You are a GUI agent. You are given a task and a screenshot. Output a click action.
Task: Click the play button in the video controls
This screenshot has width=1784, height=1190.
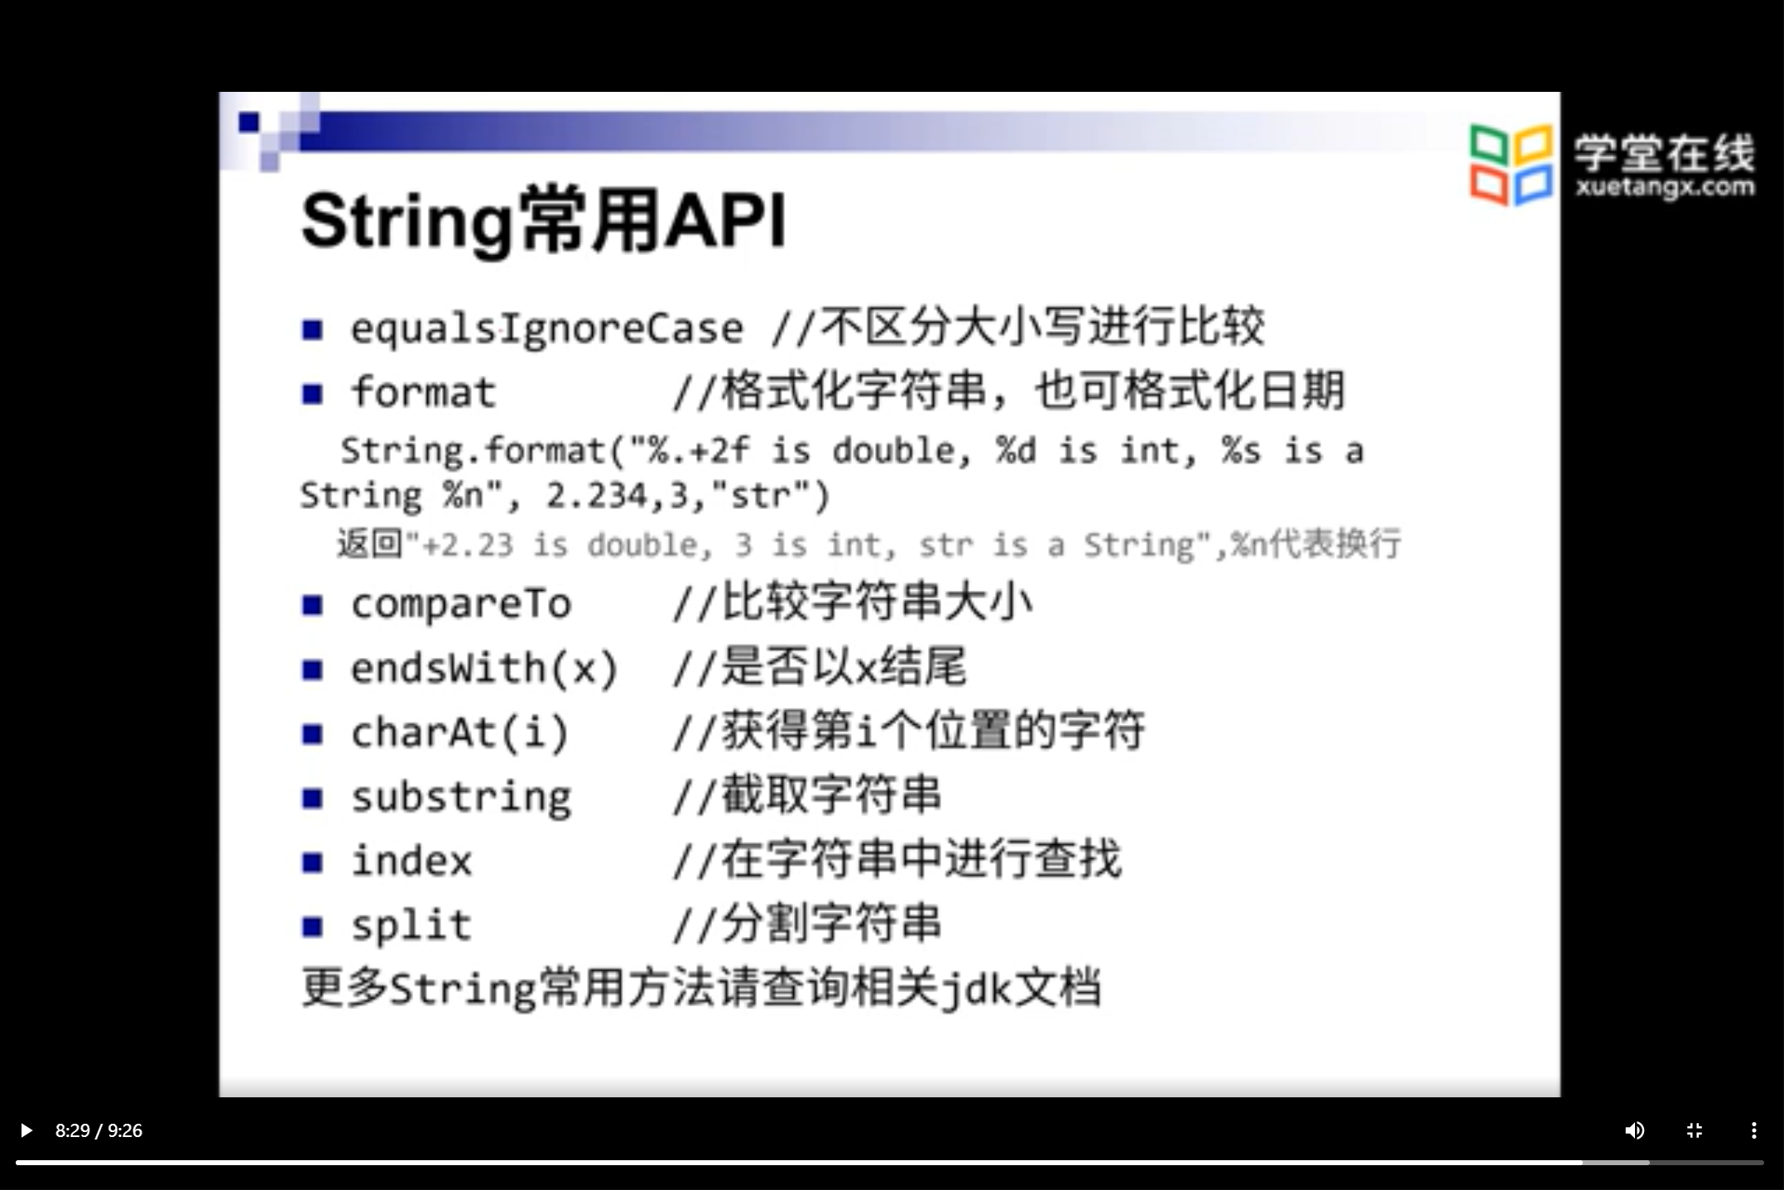[26, 1130]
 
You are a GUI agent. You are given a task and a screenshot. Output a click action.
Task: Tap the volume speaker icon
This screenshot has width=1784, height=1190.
[1634, 1130]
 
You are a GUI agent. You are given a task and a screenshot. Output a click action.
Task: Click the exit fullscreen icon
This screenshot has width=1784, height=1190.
[1694, 1130]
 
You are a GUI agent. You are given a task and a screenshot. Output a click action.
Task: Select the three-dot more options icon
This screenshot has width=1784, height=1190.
[1753, 1130]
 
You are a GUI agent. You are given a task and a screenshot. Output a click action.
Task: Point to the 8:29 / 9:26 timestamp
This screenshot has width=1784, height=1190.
[99, 1130]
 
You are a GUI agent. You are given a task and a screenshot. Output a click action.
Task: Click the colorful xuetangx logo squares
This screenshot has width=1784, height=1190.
[1511, 164]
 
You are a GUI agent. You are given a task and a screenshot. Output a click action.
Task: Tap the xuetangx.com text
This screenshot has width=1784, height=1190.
[1664, 187]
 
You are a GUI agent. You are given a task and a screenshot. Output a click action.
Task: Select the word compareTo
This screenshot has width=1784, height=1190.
[461, 604]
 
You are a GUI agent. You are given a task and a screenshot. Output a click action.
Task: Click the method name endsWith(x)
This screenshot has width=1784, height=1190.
[484, 668]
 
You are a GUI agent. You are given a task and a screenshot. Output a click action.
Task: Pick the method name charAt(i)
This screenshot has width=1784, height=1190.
[460, 732]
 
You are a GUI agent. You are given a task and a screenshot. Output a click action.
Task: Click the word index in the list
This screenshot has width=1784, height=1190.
[411, 861]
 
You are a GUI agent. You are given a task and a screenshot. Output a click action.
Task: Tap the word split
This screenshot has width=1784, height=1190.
[411, 925]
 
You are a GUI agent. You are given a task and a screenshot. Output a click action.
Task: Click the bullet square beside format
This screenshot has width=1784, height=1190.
[312, 393]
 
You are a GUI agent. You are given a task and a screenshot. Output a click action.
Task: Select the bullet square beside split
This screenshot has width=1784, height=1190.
[312, 926]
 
